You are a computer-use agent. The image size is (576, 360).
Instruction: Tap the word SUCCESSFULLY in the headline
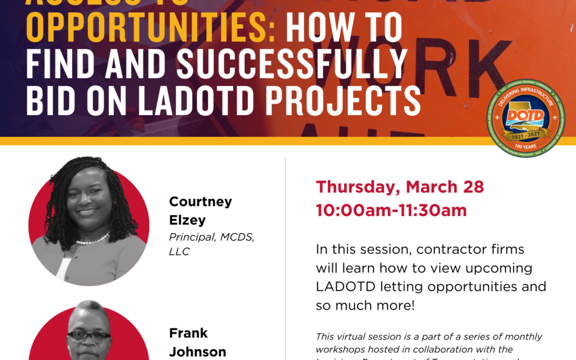[292, 66]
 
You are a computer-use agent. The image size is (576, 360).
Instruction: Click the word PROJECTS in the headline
[347, 102]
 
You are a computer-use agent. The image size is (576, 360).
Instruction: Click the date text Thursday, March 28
[400, 187]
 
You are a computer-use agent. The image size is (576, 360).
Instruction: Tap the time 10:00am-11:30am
[391, 210]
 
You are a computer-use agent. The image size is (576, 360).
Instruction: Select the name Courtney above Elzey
[201, 202]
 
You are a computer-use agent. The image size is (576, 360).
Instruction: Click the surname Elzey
[187, 220]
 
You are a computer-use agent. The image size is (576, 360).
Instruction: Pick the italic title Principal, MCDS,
[212, 237]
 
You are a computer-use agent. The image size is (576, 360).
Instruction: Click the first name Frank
[188, 333]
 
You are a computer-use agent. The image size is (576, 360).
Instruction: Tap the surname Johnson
[198, 352]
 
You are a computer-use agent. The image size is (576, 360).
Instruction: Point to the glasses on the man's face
[89, 337]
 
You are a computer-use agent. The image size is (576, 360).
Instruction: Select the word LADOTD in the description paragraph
[345, 286]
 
